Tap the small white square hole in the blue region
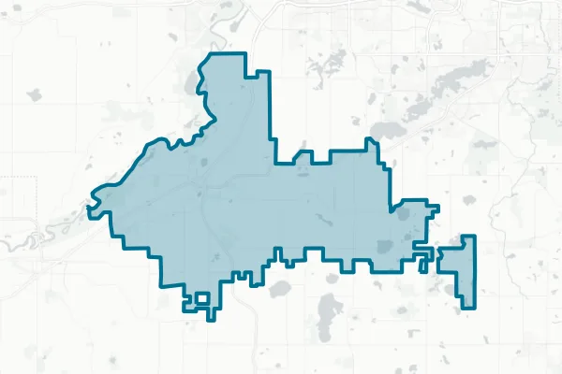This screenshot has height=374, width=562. pos(199,299)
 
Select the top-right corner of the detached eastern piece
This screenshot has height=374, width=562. pos(474,237)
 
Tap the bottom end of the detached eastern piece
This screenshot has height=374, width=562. pos(466,305)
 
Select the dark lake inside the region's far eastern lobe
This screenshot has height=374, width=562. pos(405,213)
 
